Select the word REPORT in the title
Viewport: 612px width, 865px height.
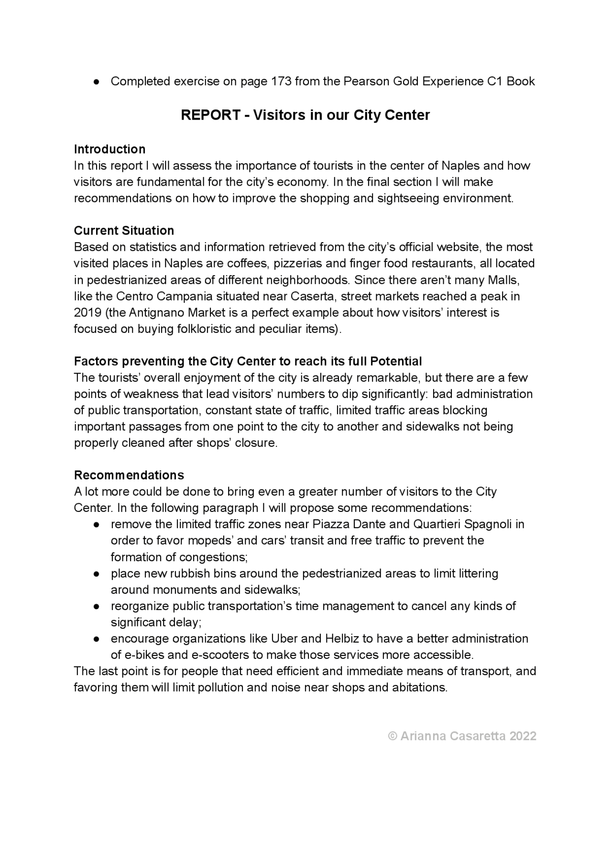point(210,115)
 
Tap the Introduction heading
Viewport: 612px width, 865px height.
point(109,149)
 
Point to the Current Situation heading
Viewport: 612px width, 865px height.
point(124,231)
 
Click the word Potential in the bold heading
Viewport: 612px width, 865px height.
point(396,361)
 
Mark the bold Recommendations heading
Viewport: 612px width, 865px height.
point(129,475)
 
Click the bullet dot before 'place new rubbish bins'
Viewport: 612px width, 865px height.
point(97,574)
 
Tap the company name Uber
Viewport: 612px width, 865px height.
point(284,639)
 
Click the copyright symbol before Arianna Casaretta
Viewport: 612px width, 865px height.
point(392,736)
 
